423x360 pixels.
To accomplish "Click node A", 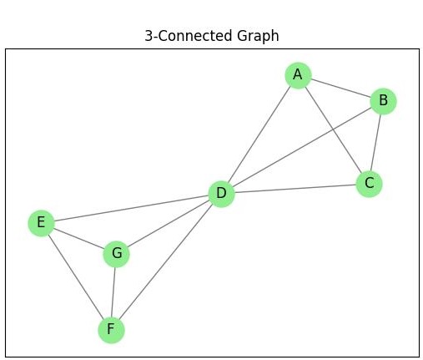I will click(x=298, y=75).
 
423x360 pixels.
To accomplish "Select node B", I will click(x=383, y=101).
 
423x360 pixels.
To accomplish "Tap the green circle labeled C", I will click(x=369, y=184).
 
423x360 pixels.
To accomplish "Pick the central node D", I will click(x=221, y=195).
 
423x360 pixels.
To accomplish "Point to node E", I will click(x=40, y=223).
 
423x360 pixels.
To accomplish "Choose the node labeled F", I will click(x=110, y=330).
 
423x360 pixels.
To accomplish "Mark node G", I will click(x=117, y=253).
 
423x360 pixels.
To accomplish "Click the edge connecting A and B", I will click(x=340, y=89).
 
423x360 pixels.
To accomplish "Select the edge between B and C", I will click(x=376, y=142).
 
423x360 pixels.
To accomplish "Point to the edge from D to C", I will click(x=295, y=190).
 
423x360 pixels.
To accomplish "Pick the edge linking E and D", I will click(x=130, y=209).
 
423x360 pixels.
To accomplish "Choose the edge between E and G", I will click(x=78, y=238).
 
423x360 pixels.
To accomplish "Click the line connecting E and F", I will click(x=75, y=276).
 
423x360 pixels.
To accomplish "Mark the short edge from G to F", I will click(x=113, y=292).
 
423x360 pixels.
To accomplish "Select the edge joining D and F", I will click(x=165, y=262).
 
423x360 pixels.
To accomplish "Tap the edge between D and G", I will click(x=169, y=224).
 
